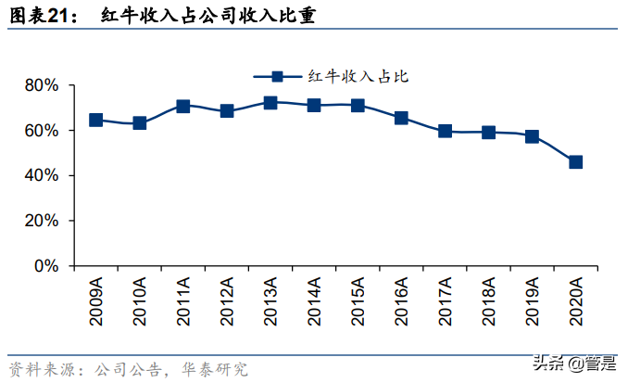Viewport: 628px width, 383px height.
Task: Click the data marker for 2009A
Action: pyautogui.click(x=96, y=120)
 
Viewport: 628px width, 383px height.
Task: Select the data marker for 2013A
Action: pyautogui.click(x=270, y=103)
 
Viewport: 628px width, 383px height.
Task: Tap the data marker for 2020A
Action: pyautogui.click(x=575, y=161)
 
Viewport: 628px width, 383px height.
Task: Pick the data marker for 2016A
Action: pyautogui.click(x=401, y=118)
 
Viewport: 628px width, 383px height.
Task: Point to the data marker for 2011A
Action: pyautogui.click(x=183, y=107)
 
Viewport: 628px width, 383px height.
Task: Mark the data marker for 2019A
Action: pyautogui.click(x=532, y=136)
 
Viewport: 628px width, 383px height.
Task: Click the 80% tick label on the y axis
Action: pyautogui.click(x=41, y=85)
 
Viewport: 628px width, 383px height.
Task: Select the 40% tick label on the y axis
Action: pyautogui.click(x=41, y=175)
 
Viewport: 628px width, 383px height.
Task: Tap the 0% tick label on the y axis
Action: pyautogui.click(x=45, y=266)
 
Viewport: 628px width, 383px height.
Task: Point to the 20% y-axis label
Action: pyautogui.click(x=41, y=221)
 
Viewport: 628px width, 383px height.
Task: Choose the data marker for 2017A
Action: pyautogui.click(x=445, y=131)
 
